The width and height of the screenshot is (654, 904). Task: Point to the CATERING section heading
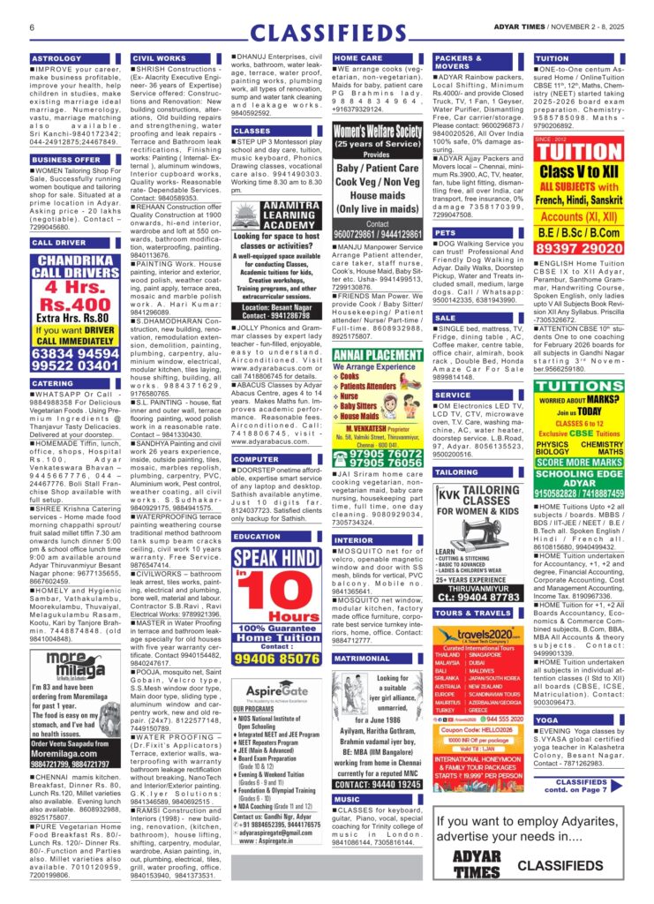pyautogui.click(x=52, y=384)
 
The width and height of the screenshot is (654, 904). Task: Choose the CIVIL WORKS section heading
pyautogui.click(x=158, y=58)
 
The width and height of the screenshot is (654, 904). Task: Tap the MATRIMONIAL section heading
pyautogui.click(x=362, y=659)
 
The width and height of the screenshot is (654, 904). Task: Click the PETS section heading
pyautogui.click(x=447, y=233)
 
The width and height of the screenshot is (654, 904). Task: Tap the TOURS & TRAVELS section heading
pyautogui.click(x=474, y=613)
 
